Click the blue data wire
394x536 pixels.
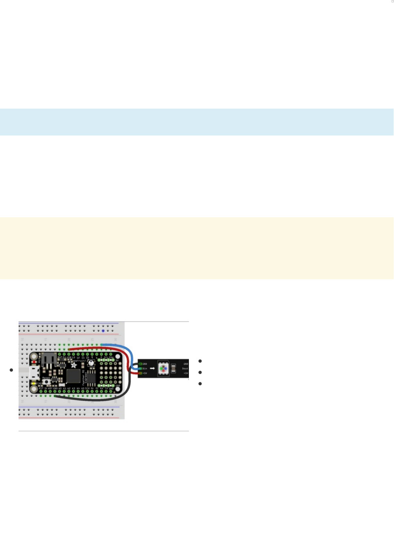[x=119, y=346]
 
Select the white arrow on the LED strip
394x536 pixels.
[x=152, y=369]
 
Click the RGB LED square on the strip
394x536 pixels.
[x=163, y=369]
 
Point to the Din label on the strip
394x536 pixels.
[x=145, y=369]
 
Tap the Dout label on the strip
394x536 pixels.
[x=185, y=369]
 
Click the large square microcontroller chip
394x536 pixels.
[x=74, y=376]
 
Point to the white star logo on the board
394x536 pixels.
[x=74, y=365]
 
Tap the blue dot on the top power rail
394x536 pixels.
[x=103, y=331]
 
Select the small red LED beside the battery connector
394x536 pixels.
[x=35, y=361]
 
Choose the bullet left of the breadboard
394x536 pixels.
[x=11, y=370]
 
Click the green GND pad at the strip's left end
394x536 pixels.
[x=140, y=364]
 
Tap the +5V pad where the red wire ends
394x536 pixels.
[x=140, y=373]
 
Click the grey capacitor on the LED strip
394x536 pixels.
[x=173, y=369]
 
